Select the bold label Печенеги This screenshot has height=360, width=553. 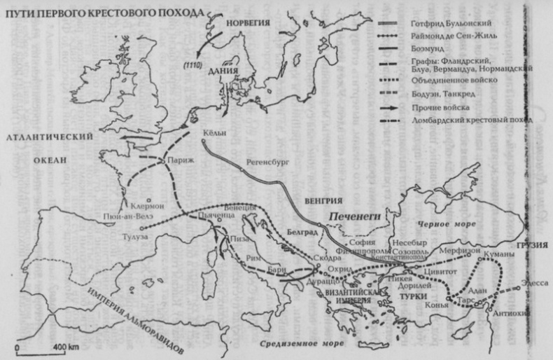(358, 216)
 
